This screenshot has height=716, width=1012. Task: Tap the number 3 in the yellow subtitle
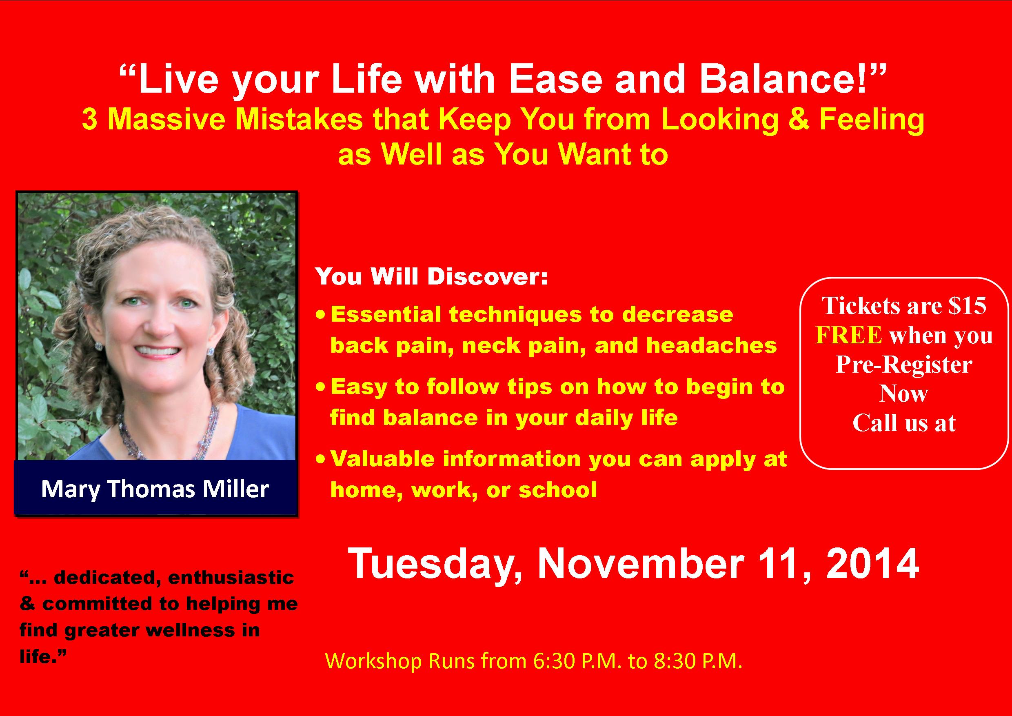coord(89,120)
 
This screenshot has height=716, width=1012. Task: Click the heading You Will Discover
coord(431,276)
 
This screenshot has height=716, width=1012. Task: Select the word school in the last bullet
coord(557,490)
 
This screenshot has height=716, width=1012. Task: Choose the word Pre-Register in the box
coord(904,365)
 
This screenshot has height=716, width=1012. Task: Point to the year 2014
coord(872,564)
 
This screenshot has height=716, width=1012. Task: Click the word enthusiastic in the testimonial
coord(231,577)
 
